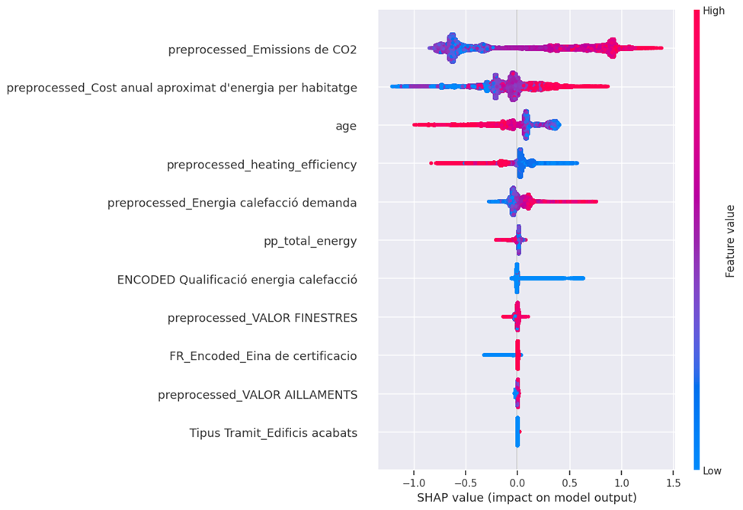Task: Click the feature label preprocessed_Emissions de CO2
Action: coord(262,50)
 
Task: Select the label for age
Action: coord(346,127)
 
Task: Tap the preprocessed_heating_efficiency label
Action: coord(262,165)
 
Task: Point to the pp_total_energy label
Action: coord(310,242)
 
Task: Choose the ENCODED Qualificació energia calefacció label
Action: coord(237,280)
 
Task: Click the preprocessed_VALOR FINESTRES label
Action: coord(262,318)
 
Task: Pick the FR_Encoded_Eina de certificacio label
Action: coord(263,356)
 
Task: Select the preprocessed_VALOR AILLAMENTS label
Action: coord(258,395)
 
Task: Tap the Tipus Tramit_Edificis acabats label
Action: coord(274,433)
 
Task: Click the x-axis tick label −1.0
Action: coord(412,483)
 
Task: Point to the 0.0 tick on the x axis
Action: coord(517,483)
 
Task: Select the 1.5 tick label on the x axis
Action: coord(673,483)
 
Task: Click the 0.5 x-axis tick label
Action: coord(569,483)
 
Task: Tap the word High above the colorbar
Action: coord(714,11)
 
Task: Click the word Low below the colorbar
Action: coord(713,471)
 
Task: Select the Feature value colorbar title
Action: coord(729,241)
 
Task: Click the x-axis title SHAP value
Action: coord(526,498)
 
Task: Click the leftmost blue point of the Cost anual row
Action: coord(392,86)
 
